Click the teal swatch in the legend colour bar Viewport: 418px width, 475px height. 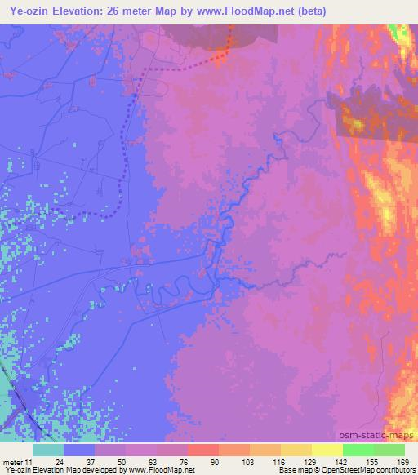click(x=48, y=450)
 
